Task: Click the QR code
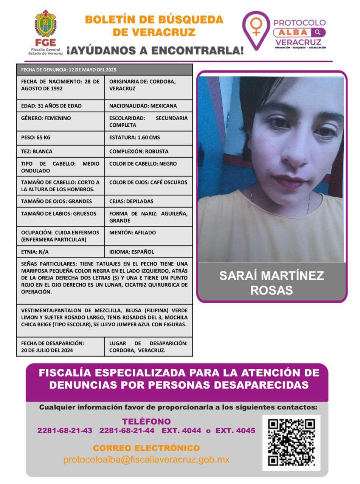coord(291,442)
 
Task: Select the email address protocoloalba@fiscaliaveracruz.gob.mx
coord(146,460)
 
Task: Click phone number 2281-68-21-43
coord(65,431)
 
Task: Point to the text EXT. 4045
coord(235,431)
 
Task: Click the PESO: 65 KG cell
coord(60,138)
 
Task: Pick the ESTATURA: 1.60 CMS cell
coord(148,138)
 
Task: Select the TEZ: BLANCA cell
coord(60,151)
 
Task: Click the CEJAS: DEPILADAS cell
coord(148,201)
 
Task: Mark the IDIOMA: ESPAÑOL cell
coord(148,251)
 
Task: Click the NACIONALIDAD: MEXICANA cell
coord(148,106)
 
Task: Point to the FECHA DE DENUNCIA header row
coord(104,70)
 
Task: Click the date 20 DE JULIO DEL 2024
coord(47,351)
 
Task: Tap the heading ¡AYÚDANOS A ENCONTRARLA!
coord(155,50)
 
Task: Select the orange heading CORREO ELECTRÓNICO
coord(146,448)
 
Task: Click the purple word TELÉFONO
coord(146,421)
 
